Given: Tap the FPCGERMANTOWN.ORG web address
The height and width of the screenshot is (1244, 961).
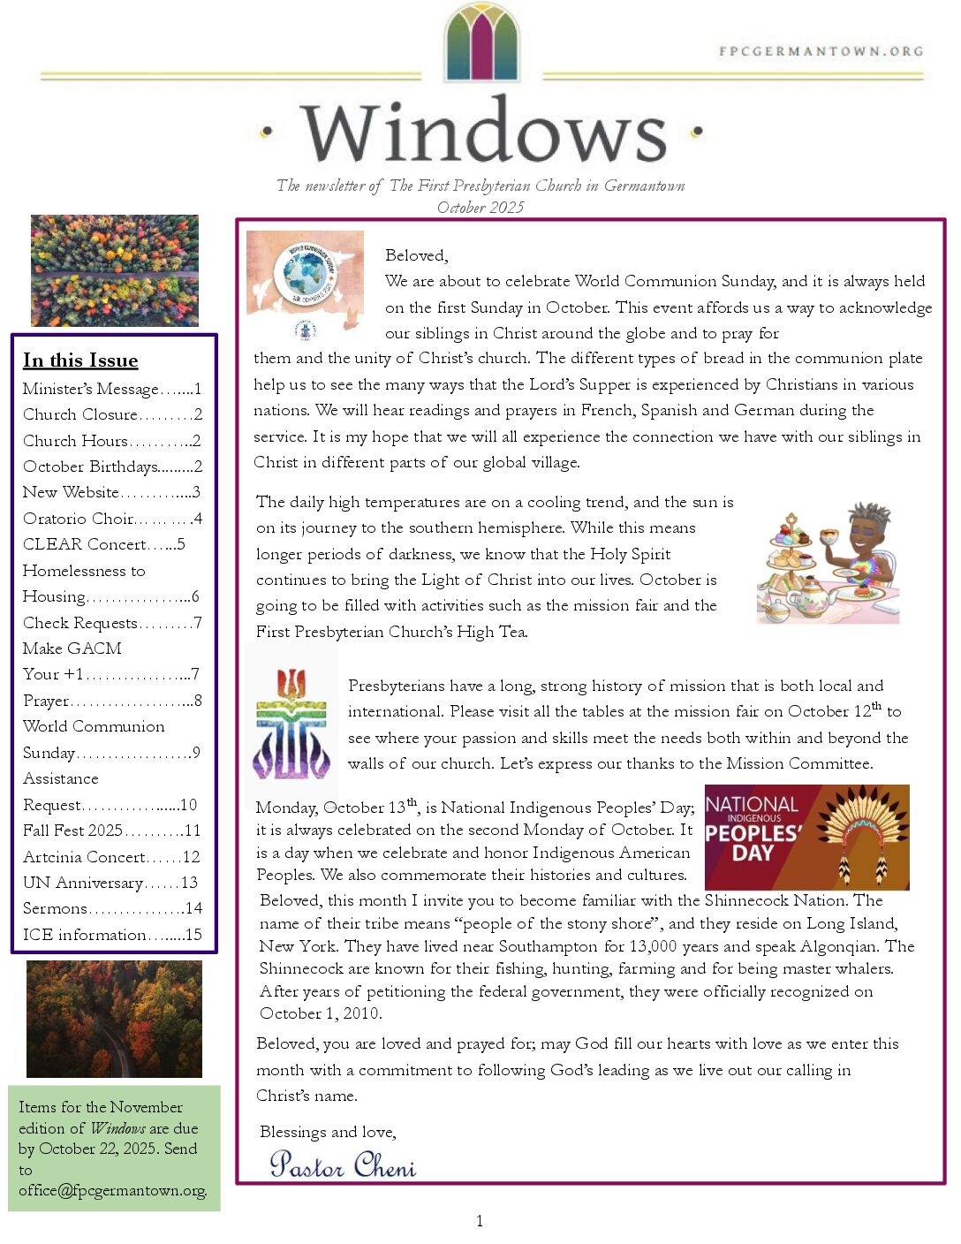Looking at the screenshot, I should click(821, 51).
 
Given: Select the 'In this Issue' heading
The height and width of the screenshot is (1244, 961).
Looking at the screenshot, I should click(80, 360).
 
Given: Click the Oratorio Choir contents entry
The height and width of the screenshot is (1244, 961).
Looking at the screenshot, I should click(112, 519).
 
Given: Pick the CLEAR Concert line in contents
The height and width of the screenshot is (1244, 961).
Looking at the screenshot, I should click(104, 544).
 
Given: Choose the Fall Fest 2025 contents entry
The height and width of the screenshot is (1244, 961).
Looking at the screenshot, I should click(112, 831).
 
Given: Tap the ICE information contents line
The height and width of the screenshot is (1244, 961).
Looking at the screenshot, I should click(112, 935).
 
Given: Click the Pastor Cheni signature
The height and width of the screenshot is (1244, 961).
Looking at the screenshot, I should click(343, 1164).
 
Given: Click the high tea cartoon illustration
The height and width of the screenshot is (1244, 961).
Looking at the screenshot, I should click(828, 563).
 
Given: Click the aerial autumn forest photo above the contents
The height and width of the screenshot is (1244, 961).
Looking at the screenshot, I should click(115, 270).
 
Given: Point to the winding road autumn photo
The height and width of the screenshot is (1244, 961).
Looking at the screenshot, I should click(114, 1019).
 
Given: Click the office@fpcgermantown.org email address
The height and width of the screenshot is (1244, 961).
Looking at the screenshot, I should click(113, 1190).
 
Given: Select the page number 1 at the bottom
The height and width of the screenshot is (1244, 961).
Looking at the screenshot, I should click(480, 1221).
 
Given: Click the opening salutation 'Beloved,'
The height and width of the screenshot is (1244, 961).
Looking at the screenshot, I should click(416, 256).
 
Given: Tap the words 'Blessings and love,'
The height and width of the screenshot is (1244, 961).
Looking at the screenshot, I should click(328, 1132).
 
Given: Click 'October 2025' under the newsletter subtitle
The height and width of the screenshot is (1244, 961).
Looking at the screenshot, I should click(480, 208).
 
